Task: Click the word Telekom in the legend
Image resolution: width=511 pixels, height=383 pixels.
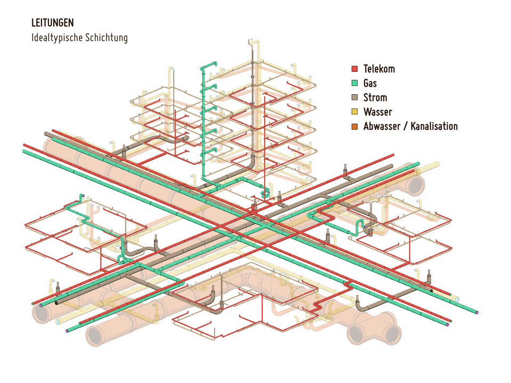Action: point(379,69)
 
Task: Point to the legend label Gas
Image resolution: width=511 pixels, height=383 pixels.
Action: point(370,84)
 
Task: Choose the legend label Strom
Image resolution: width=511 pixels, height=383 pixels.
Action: point(375,98)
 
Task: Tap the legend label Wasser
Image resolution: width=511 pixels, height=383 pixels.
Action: point(378,112)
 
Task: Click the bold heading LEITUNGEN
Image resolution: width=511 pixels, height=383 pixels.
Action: point(53,23)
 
